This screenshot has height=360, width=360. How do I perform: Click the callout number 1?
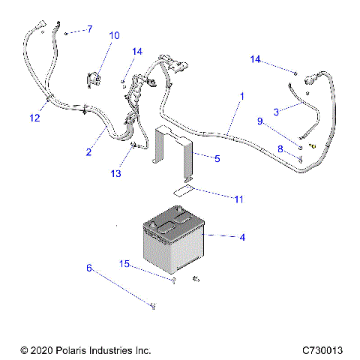[x=241, y=97]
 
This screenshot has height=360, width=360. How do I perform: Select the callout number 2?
[x=88, y=152]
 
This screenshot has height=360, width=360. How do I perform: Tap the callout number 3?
[x=276, y=111]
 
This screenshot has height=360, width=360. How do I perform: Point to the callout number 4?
[x=242, y=238]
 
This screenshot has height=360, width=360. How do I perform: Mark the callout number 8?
[x=280, y=149]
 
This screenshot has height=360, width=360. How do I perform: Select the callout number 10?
[x=114, y=35]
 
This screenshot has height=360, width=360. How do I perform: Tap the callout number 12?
[x=34, y=117]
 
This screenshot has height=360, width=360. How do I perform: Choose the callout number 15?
[x=125, y=263]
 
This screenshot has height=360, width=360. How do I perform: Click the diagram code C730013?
[x=322, y=350]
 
